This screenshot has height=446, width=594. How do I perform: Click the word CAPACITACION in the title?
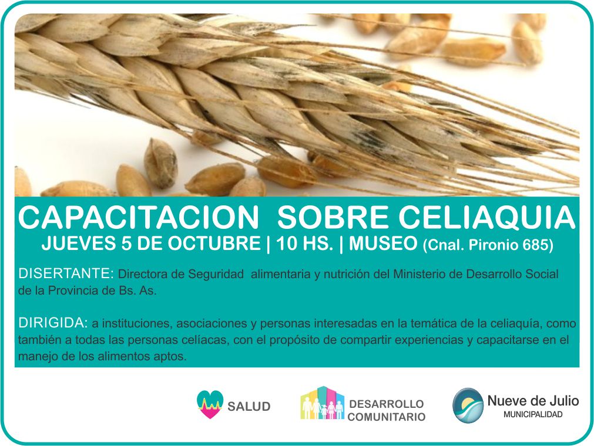point(138,218)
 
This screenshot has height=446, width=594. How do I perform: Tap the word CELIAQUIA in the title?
point(487,218)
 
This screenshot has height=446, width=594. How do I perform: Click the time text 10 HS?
point(304,243)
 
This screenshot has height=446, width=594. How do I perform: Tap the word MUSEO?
point(383,243)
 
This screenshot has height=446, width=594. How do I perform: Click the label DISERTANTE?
point(66,273)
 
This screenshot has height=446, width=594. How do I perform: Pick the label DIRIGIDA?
point(53,323)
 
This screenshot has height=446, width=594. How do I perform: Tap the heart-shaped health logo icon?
point(210,404)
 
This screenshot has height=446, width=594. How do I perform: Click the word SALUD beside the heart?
point(249,407)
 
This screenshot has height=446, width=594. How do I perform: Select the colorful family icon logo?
point(323,403)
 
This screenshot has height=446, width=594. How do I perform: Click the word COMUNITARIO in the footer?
point(387,417)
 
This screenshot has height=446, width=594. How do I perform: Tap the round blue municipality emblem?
point(468,406)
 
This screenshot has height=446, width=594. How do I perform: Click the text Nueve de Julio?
point(533,401)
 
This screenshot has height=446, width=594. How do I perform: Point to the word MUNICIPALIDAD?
point(533,414)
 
